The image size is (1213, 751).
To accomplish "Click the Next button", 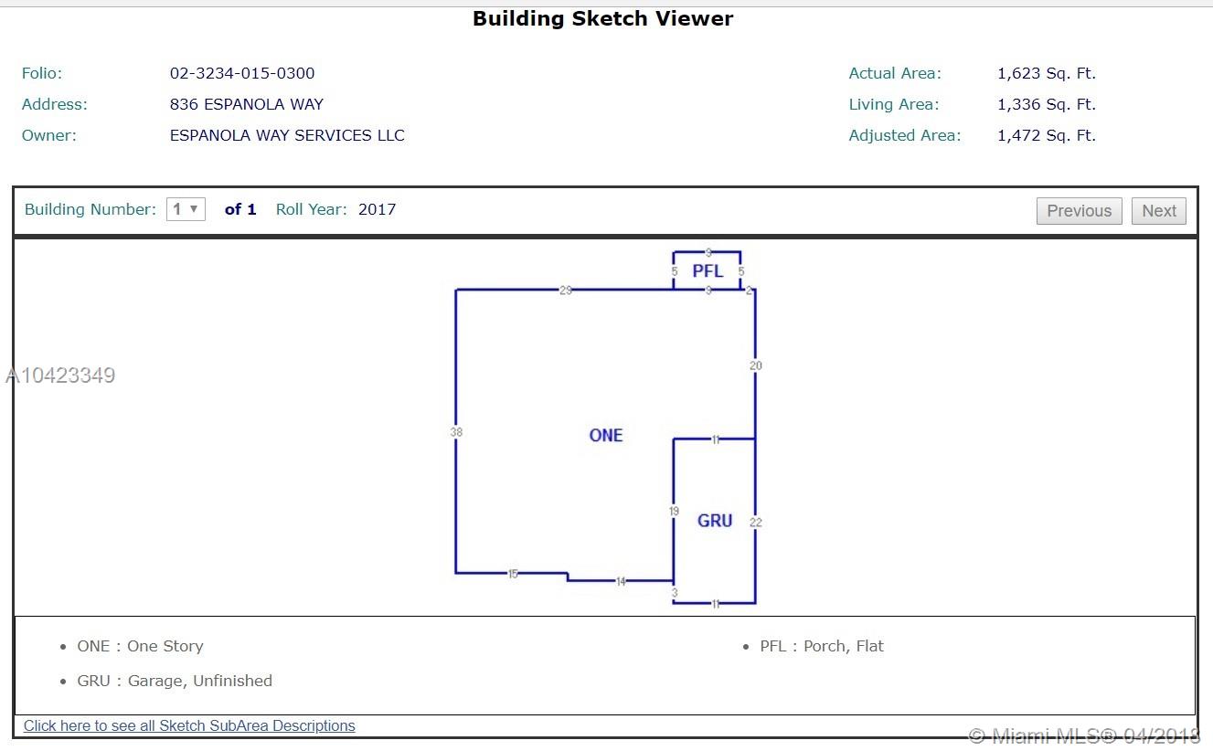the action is tap(1158, 210).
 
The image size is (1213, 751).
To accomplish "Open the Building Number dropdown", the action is tap(186, 209).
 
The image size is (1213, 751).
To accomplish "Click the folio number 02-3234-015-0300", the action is tap(242, 73).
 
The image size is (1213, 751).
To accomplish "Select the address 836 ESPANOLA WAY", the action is tap(247, 104).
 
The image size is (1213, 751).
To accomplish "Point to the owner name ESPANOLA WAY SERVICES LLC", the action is tap(287, 135).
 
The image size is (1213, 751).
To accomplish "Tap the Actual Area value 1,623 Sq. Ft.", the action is tap(1047, 73).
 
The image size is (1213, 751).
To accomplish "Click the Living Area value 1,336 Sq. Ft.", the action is tap(1047, 104).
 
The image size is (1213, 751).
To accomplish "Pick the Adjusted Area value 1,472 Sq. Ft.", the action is tap(1047, 135).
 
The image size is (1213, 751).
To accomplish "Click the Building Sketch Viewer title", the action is tap(602, 18).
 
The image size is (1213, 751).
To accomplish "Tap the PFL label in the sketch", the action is tap(708, 270).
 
